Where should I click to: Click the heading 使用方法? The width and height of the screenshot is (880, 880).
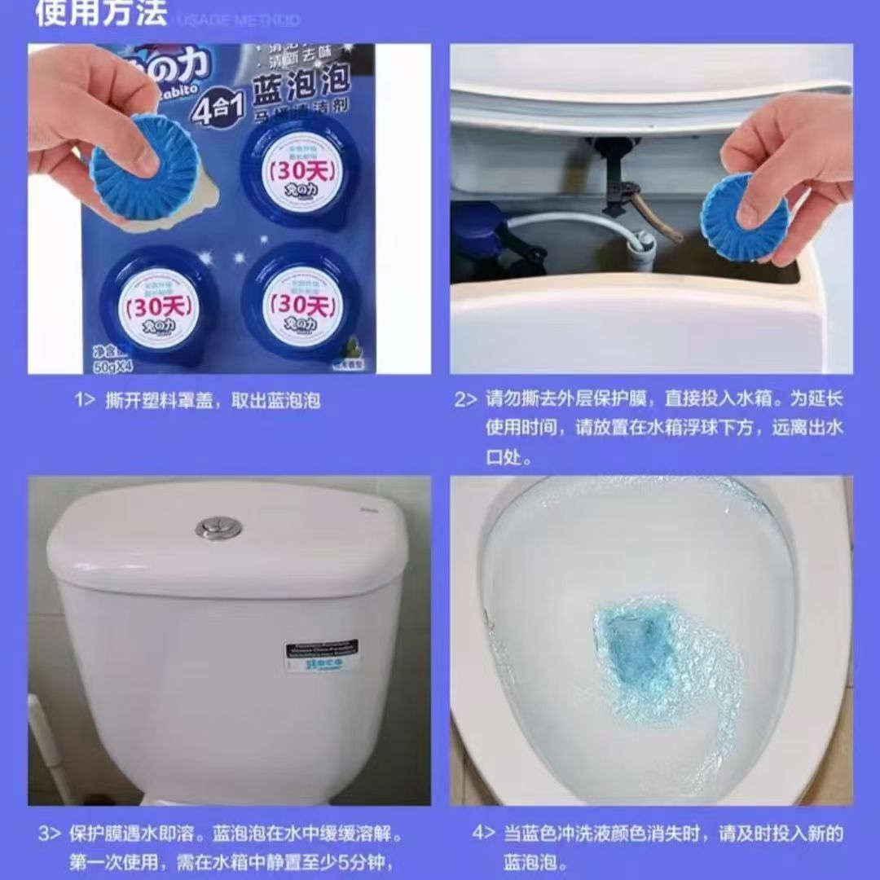tap(101, 13)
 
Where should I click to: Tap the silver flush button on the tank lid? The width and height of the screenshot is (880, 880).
tap(218, 528)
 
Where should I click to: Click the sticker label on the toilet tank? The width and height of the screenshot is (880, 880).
tap(321, 655)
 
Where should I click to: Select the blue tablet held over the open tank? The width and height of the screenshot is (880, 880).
tap(745, 217)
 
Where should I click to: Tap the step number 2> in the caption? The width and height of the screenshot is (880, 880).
tap(465, 399)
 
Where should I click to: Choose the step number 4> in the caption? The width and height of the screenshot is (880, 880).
tap(483, 834)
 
